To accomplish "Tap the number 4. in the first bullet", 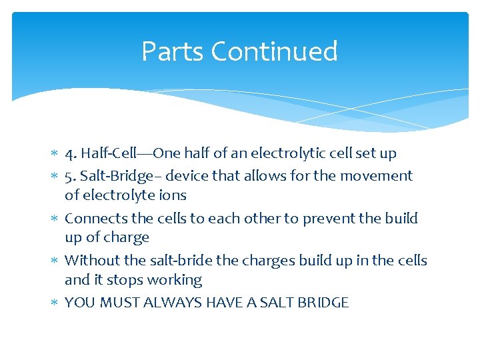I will [x=71, y=153].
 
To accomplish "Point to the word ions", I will [x=172, y=195].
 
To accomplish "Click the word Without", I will [x=91, y=261].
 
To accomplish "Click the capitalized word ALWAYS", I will [x=171, y=303].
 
